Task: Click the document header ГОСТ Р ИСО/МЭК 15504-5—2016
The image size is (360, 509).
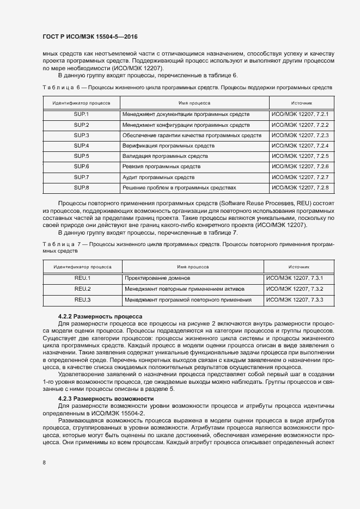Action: click(x=90, y=36)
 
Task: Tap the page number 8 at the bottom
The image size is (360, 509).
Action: click(x=44, y=463)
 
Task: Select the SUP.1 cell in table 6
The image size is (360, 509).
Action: click(x=81, y=114)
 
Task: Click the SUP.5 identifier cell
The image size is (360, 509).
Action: click(x=81, y=156)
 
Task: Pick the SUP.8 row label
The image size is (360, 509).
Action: click(x=81, y=187)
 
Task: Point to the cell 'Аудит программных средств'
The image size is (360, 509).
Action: click(x=158, y=177)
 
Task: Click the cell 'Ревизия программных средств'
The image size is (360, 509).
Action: click(x=162, y=166)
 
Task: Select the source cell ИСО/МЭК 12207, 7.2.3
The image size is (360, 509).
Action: click(x=300, y=135)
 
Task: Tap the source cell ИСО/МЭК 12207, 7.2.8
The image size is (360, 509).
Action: click(x=300, y=187)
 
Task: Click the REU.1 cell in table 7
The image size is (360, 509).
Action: click(x=82, y=279)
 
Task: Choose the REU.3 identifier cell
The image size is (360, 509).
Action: click(x=82, y=299)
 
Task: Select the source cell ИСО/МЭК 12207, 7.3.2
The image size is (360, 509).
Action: click(x=295, y=289)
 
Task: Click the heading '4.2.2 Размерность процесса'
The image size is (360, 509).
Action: click(x=100, y=316)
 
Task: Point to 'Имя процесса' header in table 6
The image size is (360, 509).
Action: click(x=194, y=102)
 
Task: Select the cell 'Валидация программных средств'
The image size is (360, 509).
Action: click(x=163, y=156)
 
